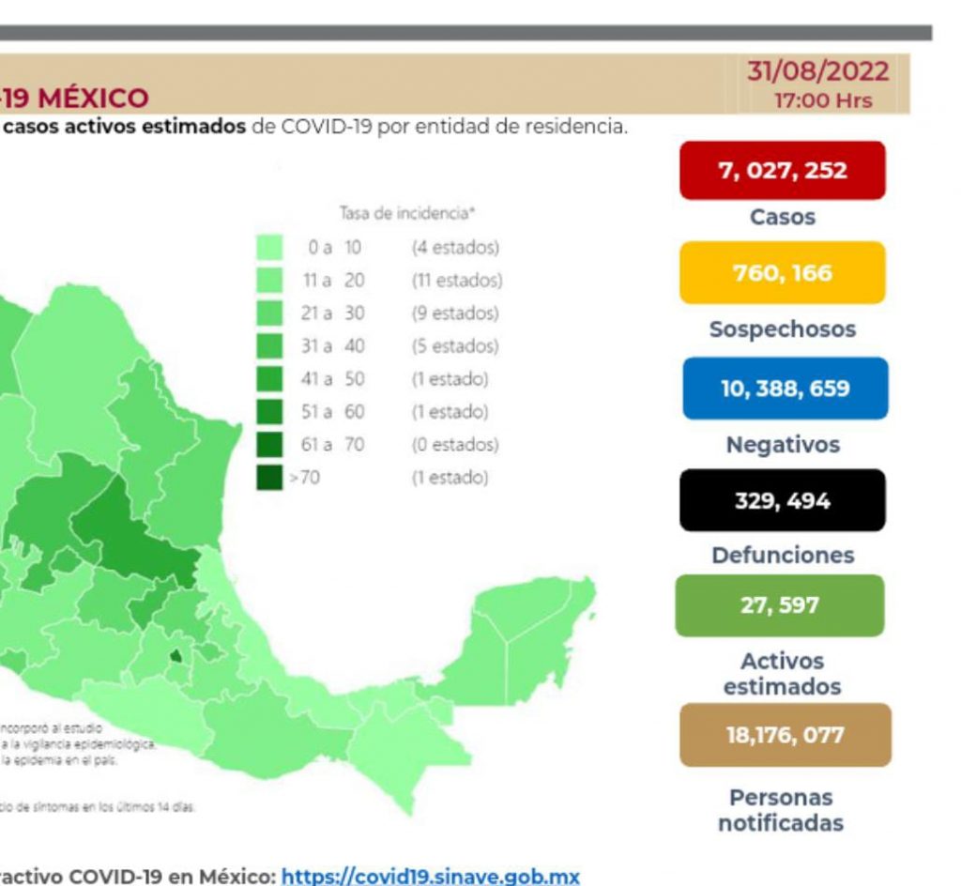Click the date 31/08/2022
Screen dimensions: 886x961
817,72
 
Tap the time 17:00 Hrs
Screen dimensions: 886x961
822,100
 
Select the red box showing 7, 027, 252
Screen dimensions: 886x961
782,171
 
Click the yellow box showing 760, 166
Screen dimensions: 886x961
782,273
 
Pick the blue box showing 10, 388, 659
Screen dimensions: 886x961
785,388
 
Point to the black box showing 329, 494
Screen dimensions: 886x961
782,501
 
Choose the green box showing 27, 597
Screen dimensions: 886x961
779,605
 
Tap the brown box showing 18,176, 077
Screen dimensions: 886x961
785,735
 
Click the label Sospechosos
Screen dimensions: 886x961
782,330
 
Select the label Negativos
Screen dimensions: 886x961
783,445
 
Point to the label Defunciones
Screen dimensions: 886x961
783,556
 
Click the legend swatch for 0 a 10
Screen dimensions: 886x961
269,248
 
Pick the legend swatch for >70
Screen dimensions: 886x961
269,478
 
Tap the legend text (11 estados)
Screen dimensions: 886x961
456,281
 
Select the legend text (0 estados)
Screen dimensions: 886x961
455,445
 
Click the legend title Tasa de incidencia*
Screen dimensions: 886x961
406,214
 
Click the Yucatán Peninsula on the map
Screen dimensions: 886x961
530,629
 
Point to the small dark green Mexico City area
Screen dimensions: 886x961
175,656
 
